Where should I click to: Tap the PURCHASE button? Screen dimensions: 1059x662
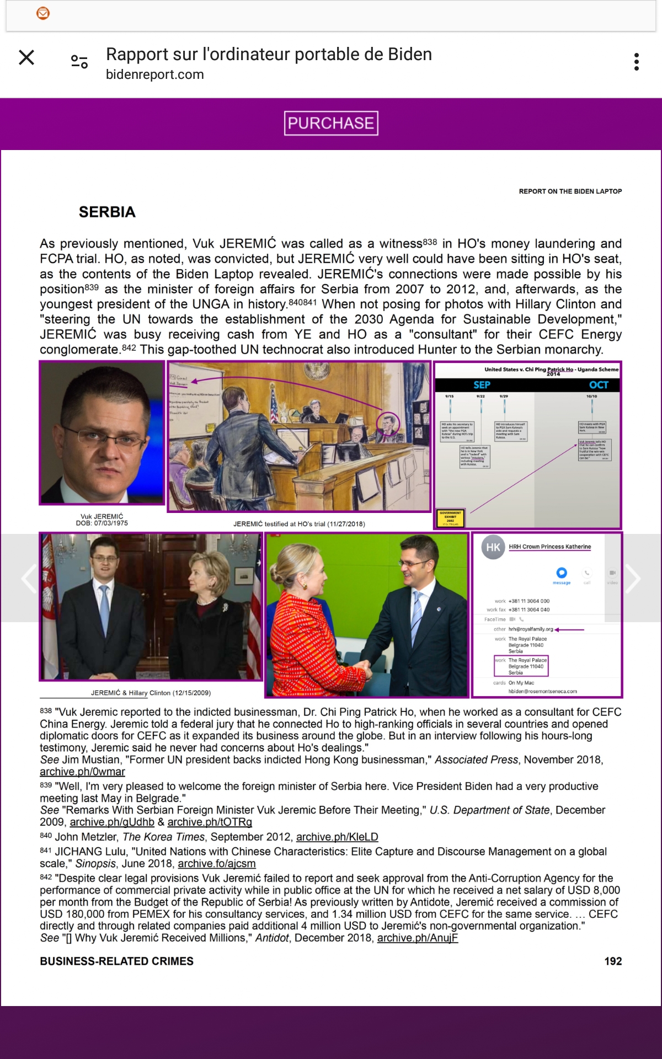click(x=331, y=123)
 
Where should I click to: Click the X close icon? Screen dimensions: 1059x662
click(x=26, y=57)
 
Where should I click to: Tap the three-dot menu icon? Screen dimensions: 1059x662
click(x=637, y=62)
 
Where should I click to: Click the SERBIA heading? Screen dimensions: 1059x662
click(x=107, y=212)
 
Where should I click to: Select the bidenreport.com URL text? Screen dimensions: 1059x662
click(x=155, y=74)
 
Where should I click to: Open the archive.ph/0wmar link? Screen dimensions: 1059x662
click(x=82, y=772)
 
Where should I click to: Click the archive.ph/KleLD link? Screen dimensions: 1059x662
click(x=337, y=837)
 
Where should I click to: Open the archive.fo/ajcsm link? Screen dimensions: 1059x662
click(x=217, y=863)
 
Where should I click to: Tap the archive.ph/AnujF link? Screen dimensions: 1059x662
click(x=418, y=938)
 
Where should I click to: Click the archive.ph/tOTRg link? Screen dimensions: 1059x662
click(x=210, y=822)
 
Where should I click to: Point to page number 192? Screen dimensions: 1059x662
click(x=613, y=961)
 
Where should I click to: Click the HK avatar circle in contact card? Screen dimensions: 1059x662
click(x=493, y=547)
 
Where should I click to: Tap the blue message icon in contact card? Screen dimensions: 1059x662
click(x=562, y=573)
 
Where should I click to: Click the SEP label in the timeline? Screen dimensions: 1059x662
click(x=482, y=385)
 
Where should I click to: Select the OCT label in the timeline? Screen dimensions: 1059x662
click(x=599, y=385)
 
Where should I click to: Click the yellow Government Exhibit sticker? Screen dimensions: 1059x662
click(x=450, y=518)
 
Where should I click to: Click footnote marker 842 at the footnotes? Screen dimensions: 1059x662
click(x=46, y=877)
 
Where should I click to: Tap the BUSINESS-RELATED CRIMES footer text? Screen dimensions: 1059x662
click(x=116, y=961)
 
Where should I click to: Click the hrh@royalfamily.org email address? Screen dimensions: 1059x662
click(x=531, y=629)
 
